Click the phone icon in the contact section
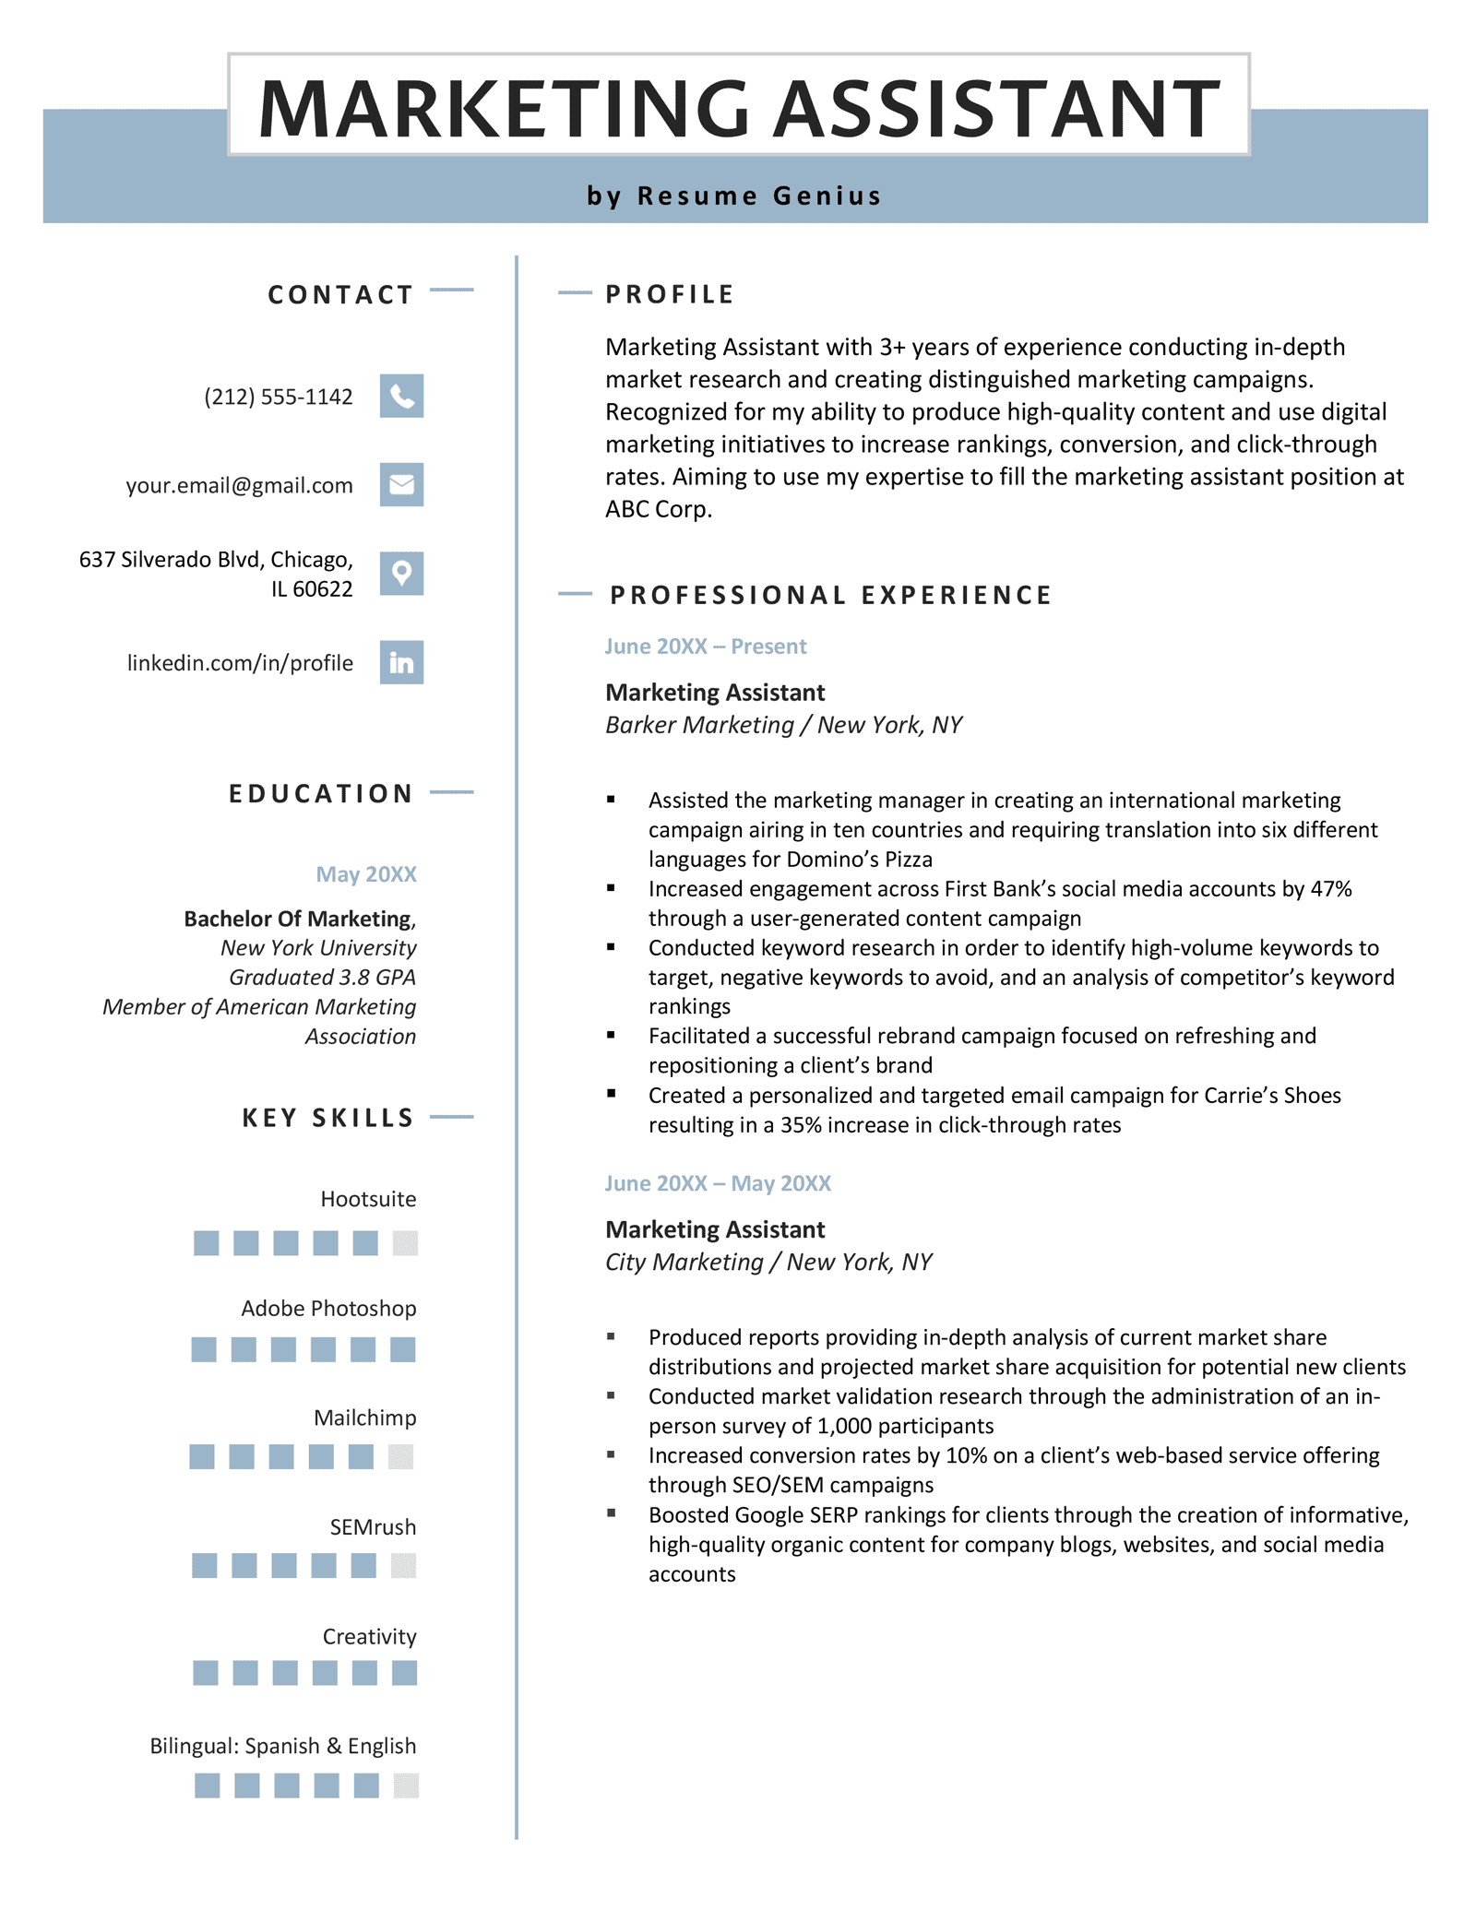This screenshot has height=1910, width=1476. [401, 396]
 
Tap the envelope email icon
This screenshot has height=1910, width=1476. [401, 484]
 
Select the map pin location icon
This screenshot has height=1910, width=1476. [401, 573]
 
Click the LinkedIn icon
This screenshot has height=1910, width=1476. [401, 662]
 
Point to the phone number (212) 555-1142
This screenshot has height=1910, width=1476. [279, 397]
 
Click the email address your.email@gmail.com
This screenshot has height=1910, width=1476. [240, 485]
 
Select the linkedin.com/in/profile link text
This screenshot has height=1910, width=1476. [240, 663]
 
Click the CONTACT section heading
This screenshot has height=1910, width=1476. [340, 294]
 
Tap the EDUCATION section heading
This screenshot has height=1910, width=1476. [321, 793]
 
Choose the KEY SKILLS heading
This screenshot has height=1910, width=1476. [328, 1118]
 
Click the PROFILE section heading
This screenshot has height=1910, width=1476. [670, 294]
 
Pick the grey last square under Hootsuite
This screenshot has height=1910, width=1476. [405, 1243]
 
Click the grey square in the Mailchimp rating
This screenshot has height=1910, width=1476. [400, 1457]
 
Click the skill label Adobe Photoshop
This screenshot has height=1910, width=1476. [328, 1308]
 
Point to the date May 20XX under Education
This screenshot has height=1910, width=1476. [366, 874]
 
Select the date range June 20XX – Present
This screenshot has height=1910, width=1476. [706, 647]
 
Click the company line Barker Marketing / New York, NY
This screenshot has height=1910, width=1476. [783, 725]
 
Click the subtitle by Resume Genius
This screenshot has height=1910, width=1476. [734, 196]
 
